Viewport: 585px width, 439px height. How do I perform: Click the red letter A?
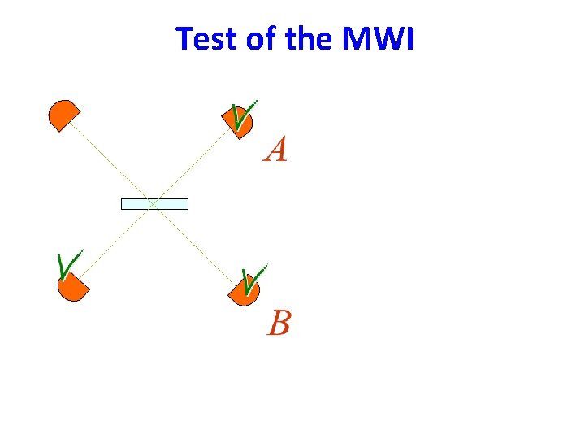click(x=275, y=150)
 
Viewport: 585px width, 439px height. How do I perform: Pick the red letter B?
click(x=278, y=323)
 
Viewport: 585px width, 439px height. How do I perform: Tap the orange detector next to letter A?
click(x=240, y=122)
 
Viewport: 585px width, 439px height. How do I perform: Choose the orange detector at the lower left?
click(x=72, y=285)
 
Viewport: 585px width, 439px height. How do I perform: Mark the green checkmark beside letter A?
click(x=242, y=115)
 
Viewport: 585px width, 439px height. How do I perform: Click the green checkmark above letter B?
click(x=253, y=280)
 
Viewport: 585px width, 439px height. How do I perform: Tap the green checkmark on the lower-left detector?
click(x=68, y=265)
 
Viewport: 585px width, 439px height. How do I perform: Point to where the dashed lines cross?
click(x=153, y=204)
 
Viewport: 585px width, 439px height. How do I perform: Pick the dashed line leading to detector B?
click(x=195, y=244)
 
